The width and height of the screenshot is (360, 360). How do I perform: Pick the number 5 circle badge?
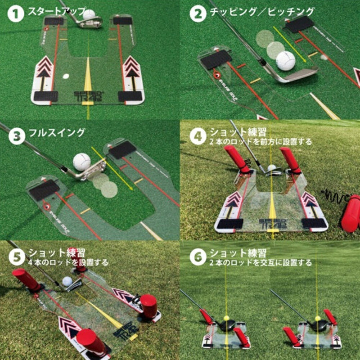pyautogui.click(x=16, y=256)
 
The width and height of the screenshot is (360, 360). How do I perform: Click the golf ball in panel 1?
pyautogui.click(x=89, y=14)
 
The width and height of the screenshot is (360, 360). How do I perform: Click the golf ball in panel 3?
pyautogui.click(x=82, y=160)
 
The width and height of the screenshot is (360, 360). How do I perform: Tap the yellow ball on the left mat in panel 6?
pyautogui.click(x=226, y=319)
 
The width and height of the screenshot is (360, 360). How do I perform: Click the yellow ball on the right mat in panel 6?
pyautogui.click(x=318, y=319)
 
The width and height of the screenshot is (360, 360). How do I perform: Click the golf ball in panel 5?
pyautogui.click(x=67, y=281)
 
